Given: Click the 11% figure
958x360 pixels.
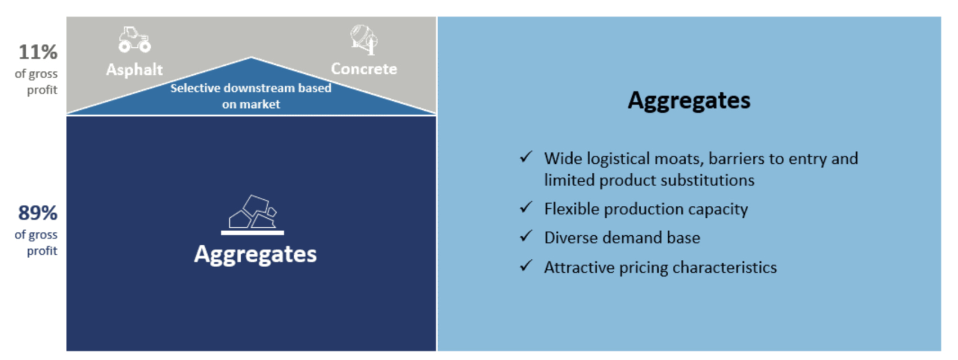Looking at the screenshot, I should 38,52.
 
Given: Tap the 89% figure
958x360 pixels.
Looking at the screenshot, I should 38,213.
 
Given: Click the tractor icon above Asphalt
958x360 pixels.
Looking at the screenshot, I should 134,39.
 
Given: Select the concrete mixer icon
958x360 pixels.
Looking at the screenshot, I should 364,39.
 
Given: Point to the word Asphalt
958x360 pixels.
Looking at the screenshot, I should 134,70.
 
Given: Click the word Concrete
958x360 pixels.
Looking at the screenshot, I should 364,69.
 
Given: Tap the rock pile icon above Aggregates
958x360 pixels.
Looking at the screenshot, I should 253,214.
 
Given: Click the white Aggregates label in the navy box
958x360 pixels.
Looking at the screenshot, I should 255,254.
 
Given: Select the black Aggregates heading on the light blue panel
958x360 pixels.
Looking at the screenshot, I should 689,101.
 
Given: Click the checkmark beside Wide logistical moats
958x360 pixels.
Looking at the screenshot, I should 526,157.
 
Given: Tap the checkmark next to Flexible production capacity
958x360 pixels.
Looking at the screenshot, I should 526,208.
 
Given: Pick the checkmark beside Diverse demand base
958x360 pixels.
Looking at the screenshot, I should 526,236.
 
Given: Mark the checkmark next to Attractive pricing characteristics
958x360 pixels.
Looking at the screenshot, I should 526,265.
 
